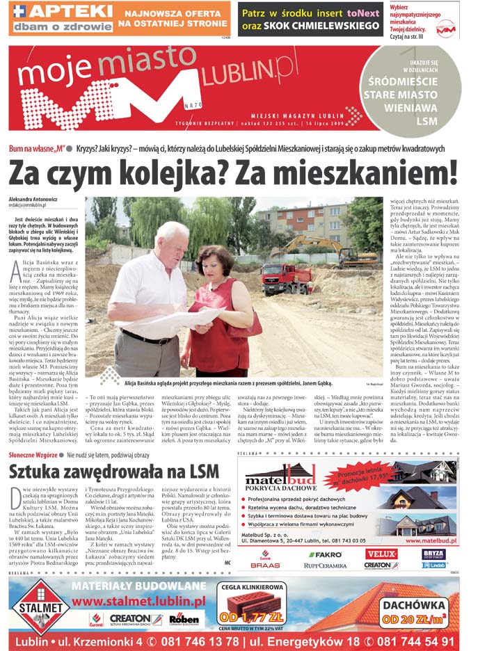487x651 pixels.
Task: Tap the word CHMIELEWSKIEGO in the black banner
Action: point(319,25)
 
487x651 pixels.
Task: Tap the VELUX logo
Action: point(381,554)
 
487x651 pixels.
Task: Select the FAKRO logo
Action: point(324,555)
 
